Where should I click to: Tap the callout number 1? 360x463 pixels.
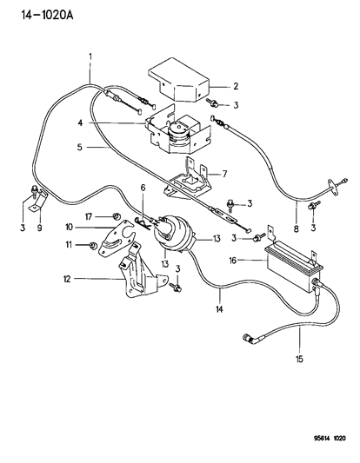pos(90,57)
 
